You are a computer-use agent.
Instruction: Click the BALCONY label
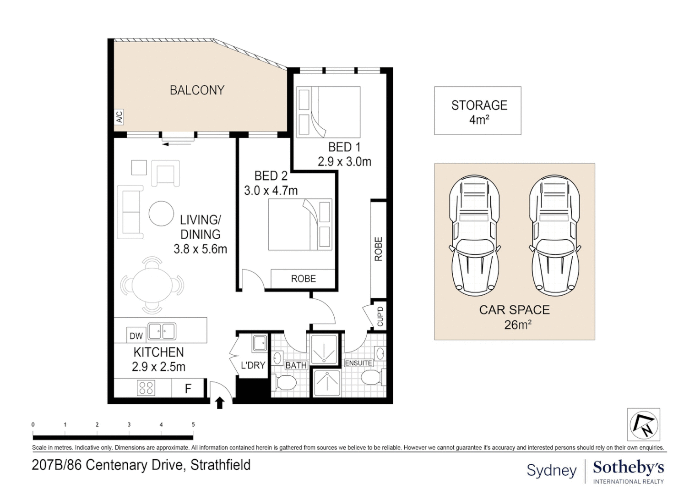[x=197, y=90]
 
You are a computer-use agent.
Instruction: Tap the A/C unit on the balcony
[x=119, y=117]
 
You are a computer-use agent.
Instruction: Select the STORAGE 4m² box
[x=478, y=111]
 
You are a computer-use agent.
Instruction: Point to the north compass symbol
[x=643, y=424]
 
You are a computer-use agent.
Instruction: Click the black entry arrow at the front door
[x=220, y=403]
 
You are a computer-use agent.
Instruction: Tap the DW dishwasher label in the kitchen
[x=136, y=336]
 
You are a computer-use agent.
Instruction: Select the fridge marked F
[x=188, y=389]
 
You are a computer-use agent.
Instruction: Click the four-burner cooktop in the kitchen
[x=146, y=388]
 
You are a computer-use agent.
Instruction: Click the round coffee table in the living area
[x=161, y=214]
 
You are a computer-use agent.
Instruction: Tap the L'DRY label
[x=253, y=365]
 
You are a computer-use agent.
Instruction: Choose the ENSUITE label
[x=358, y=363]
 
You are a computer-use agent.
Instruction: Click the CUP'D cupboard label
[x=380, y=316]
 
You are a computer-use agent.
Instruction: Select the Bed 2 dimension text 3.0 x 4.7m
[x=271, y=190]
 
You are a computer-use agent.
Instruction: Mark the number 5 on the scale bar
[x=193, y=424]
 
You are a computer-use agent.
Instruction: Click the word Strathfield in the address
[x=220, y=465]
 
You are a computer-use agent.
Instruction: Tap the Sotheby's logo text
[x=628, y=468]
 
